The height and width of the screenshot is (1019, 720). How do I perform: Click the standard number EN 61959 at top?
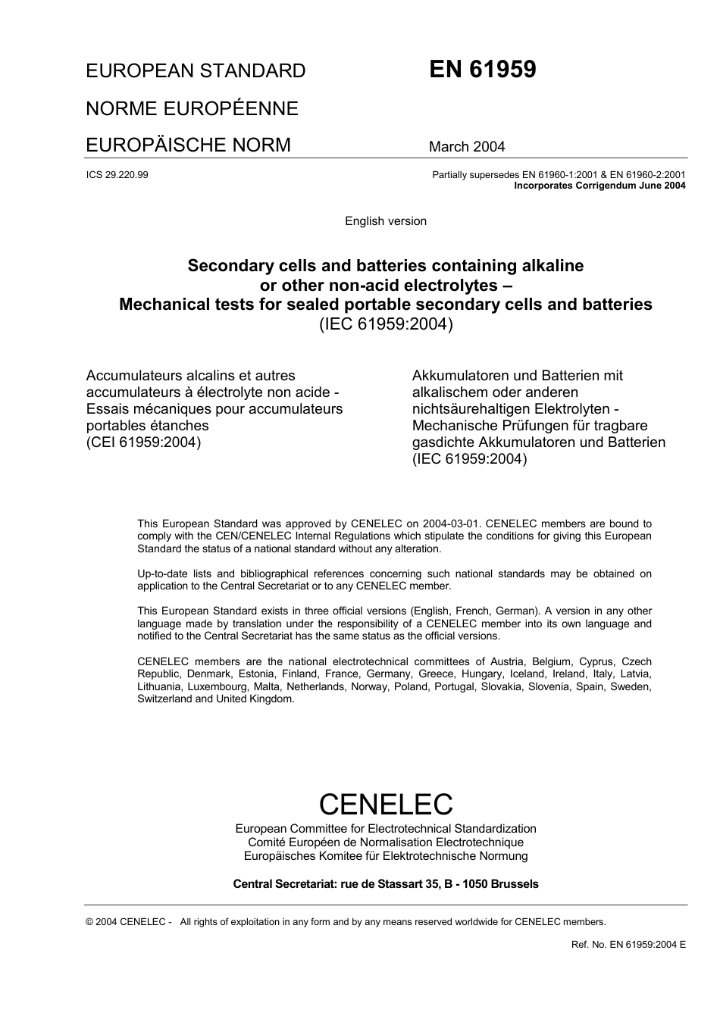coord(483,70)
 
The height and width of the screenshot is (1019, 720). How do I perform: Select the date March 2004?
coord(467,147)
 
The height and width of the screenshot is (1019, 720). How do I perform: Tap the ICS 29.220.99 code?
coord(117,175)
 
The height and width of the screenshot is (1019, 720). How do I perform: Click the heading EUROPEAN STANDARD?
coord(196,71)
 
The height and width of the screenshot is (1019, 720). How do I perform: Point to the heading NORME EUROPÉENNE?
coord(192,108)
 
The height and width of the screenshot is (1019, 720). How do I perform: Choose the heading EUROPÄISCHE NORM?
coord(188,145)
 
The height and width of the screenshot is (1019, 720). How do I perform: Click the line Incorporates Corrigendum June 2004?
coord(599,186)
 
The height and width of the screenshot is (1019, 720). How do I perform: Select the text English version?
coord(385,221)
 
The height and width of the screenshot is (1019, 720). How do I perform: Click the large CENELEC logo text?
coord(386,803)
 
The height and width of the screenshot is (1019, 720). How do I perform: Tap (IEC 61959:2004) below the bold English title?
coord(385,324)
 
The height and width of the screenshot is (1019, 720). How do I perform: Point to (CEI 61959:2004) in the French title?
coord(143,442)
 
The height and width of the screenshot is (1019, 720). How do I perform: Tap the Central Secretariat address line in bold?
coord(386,884)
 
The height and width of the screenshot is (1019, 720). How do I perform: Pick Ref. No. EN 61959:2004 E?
coord(628,945)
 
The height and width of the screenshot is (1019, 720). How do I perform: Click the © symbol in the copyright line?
coord(90,922)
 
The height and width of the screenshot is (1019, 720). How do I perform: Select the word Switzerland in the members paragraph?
coord(164,699)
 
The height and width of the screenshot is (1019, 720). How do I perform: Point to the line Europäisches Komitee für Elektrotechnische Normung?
coord(386,856)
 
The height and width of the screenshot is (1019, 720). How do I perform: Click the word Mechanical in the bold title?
coord(163,305)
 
